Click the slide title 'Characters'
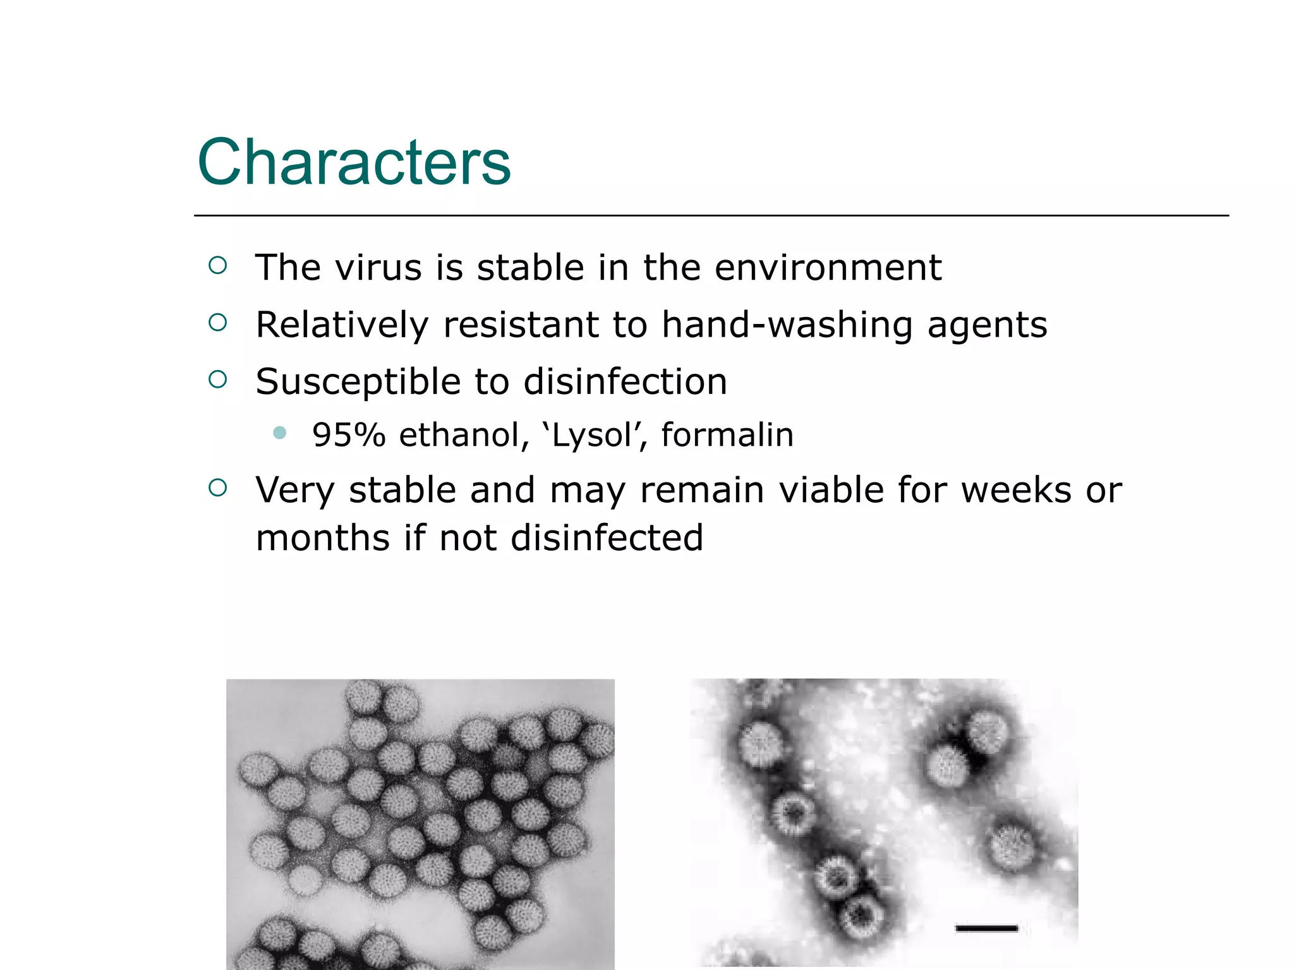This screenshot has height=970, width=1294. click(354, 162)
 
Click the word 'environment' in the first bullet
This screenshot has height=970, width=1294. click(828, 268)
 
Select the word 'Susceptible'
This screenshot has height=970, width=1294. click(358, 383)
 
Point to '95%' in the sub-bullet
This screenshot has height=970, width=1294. click(349, 435)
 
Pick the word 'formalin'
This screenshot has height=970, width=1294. click(727, 435)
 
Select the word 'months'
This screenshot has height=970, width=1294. click(322, 538)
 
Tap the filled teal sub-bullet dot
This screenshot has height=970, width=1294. click(280, 433)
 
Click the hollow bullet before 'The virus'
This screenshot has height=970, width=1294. click(217, 265)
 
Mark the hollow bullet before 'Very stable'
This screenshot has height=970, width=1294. click(217, 488)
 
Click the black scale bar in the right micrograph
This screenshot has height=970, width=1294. click(986, 928)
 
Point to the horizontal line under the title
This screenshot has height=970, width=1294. click(711, 215)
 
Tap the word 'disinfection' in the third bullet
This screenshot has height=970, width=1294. click(625, 382)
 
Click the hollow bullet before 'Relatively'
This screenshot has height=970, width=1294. click(217, 323)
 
